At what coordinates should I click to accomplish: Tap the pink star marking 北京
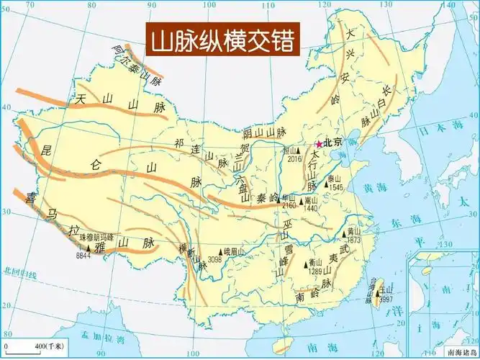[x=320, y=143]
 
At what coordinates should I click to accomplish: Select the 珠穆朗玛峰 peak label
[x=96, y=236]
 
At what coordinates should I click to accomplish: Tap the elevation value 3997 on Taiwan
[x=386, y=299]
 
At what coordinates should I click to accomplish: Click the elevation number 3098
[x=214, y=259]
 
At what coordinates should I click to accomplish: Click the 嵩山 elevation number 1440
[x=311, y=208]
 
